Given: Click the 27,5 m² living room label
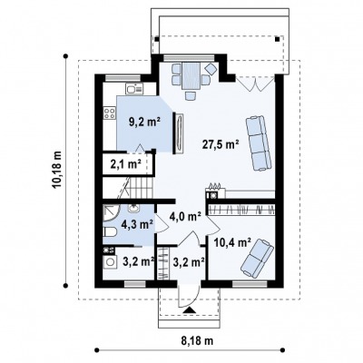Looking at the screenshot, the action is point(221,144).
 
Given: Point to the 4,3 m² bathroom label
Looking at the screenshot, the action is point(137,224).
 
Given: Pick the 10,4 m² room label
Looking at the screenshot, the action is point(232,241).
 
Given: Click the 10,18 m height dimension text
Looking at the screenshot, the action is point(57,170).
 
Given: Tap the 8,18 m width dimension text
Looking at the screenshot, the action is point(197,341).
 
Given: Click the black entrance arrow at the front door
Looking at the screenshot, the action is point(189,309).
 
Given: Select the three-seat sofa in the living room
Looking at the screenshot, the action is point(258,143).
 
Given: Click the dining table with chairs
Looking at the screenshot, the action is point(191,79).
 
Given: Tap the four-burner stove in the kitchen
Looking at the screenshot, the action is point(109,113).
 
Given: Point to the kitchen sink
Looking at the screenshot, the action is point(134,89).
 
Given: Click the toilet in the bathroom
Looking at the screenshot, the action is point(110,232).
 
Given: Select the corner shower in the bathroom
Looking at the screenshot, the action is point(112,214).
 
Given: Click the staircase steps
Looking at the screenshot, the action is point(140,187).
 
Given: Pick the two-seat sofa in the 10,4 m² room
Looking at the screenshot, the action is point(257,258).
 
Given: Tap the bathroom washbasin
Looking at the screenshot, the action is point(133,208).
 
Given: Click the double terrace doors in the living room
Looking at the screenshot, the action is point(255,83).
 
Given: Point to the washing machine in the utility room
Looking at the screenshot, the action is point(110,261).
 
